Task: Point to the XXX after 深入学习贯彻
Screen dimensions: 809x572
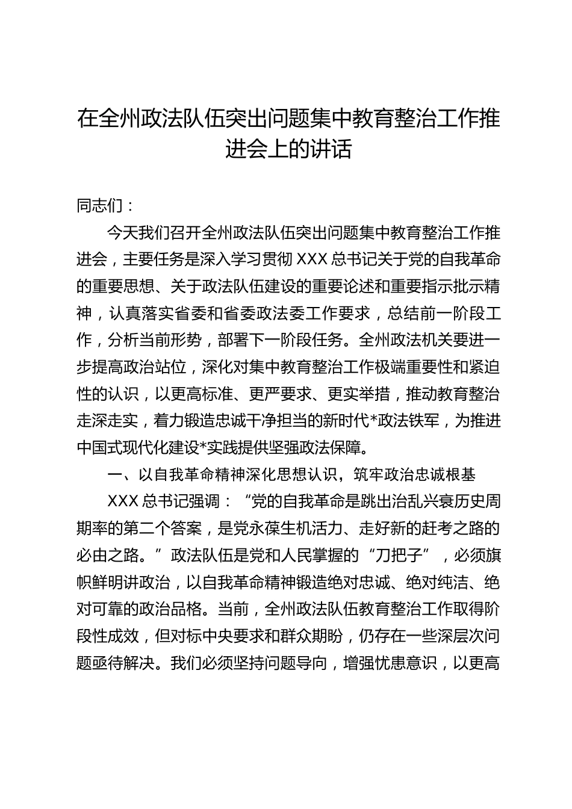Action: [311, 259]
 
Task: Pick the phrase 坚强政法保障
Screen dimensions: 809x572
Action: [343, 448]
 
